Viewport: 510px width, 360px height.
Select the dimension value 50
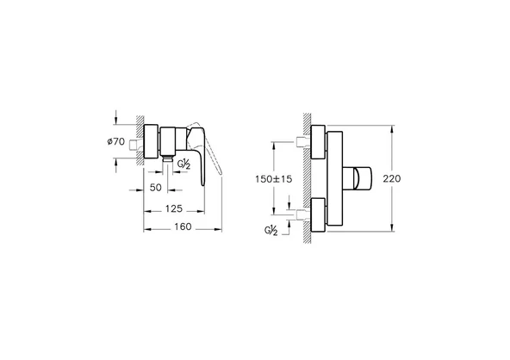[x=156, y=186]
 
